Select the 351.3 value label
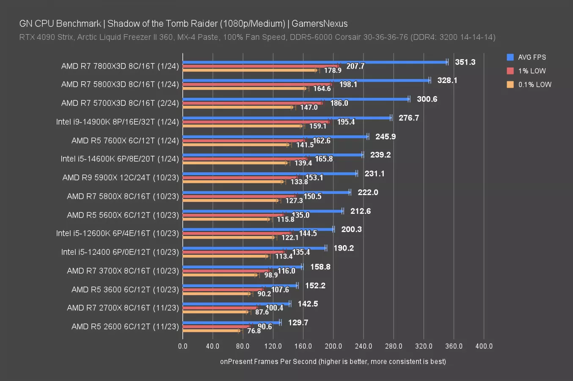tap(465, 62)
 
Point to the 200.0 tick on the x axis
tap(333, 346)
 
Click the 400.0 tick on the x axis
tap(484, 346)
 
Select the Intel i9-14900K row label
tap(117, 122)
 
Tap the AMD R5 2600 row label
tap(125, 326)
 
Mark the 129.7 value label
tap(298, 323)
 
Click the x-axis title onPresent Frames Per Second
tap(333, 362)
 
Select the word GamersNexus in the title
tap(320, 24)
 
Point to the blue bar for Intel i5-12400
tap(254, 248)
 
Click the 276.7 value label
tap(408, 118)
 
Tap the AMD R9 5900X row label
tap(121, 177)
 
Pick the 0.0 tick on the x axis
tap(183, 346)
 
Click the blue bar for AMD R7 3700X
tap(242, 267)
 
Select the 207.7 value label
tap(355, 66)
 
